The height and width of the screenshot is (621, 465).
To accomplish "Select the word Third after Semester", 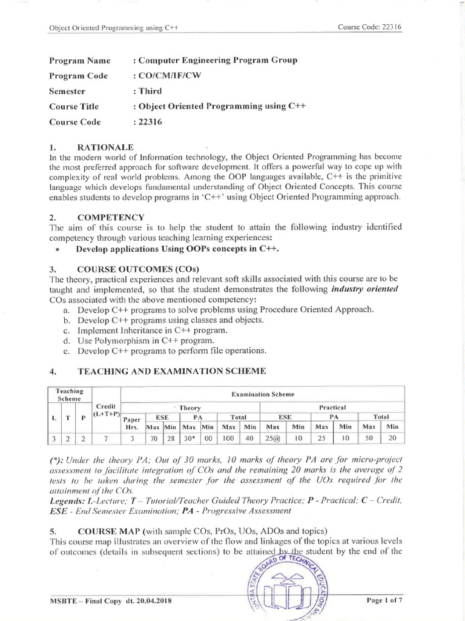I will click(148, 91).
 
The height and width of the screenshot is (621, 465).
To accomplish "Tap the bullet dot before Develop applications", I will click(56, 249).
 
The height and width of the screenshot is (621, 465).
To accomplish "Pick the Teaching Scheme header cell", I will click(69, 394).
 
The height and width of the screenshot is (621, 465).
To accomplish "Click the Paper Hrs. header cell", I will click(132, 422).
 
